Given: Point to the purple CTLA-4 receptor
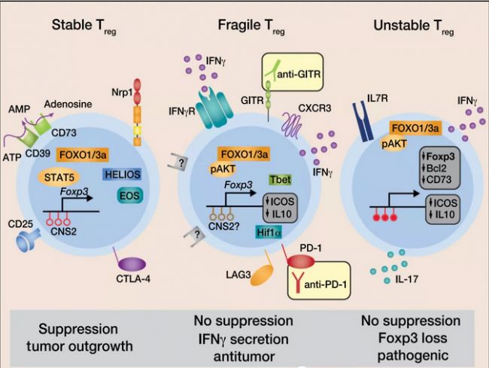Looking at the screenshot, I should coord(133,265).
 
